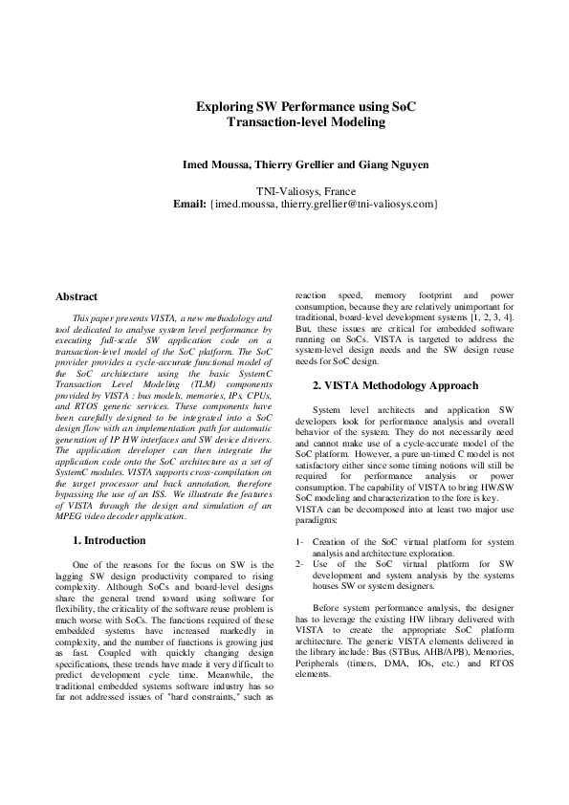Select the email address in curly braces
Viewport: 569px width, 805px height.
[324, 204]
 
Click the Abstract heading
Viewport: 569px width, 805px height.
[77, 297]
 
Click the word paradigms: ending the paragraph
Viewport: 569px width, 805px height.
[317, 521]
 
